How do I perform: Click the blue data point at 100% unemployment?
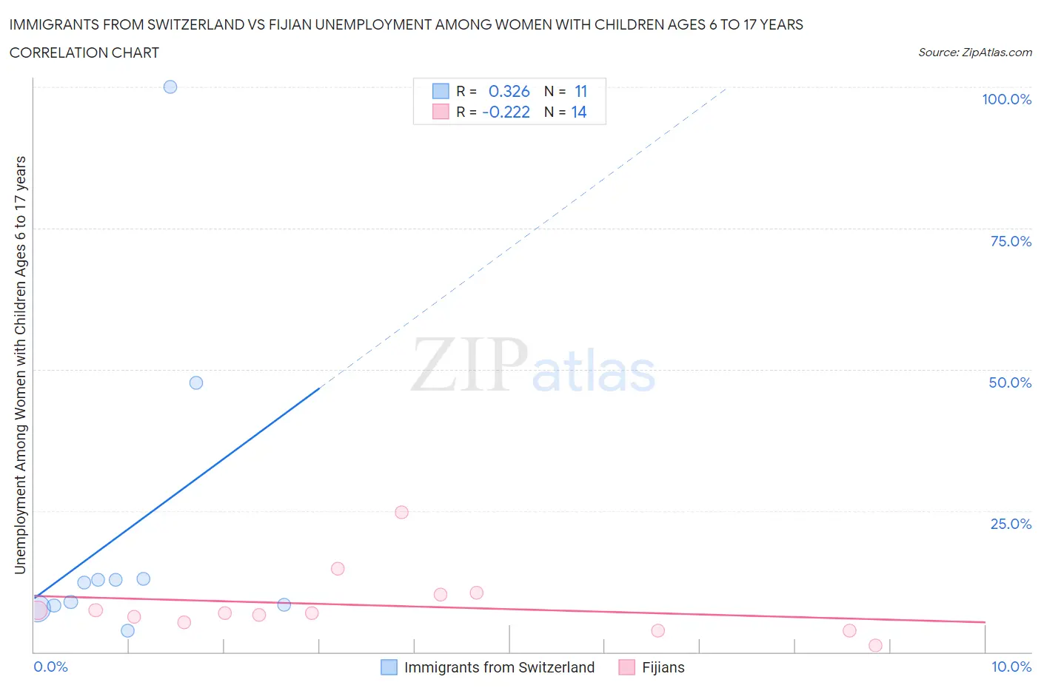[x=170, y=87]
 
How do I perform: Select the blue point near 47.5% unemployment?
[x=196, y=382]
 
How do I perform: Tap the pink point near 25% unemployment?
[x=402, y=512]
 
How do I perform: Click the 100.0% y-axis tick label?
[x=1006, y=99]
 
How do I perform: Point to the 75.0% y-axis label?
[x=1011, y=241]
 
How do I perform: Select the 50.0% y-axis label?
[x=1010, y=382]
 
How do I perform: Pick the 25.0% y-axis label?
[x=1011, y=524]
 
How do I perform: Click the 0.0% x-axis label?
[x=50, y=667]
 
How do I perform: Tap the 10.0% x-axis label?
[x=1011, y=667]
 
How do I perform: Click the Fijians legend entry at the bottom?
[x=663, y=667]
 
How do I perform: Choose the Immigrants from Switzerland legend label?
[x=499, y=667]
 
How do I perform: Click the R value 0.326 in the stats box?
[x=509, y=91]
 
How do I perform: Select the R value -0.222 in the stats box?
[x=506, y=112]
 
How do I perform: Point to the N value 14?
[x=578, y=112]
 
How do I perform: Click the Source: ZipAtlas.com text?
[x=974, y=52]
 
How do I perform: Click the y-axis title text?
[x=20, y=365]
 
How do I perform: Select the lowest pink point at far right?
[x=876, y=645]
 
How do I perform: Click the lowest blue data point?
[x=127, y=630]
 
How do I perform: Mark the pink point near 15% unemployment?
[x=338, y=569]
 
